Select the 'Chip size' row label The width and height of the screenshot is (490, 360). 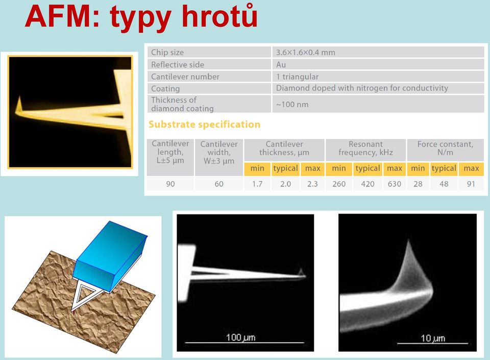pyautogui.click(x=167, y=52)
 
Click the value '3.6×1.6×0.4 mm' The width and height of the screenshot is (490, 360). pyautogui.click(x=305, y=52)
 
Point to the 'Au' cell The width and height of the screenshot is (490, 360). pyautogui.click(x=281, y=64)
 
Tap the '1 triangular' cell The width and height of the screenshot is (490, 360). pyautogui.click(x=297, y=77)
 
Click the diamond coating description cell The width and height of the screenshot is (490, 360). pyautogui.click(x=362, y=88)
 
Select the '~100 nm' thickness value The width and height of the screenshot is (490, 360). pyautogui.click(x=292, y=104)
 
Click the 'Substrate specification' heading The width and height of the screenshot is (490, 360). pyautogui.click(x=204, y=125)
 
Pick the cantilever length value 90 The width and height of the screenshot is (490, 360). pyautogui.click(x=170, y=184)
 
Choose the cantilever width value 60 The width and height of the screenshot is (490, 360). pyautogui.click(x=219, y=184)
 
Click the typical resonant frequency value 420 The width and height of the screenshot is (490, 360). pyautogui.click(x=367, y=184)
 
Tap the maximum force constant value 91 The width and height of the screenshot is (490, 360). pyautogui.click(x=471, y=184)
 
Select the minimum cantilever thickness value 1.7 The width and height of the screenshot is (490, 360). pyautogui.click(x=257, y=184)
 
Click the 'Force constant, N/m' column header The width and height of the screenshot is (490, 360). pyautogui.click(x=445, y=148)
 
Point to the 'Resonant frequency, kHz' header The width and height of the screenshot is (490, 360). pyautogui.click(x=365, y=148)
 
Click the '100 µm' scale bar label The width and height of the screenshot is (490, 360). pyautogui.click(x=240, y=337)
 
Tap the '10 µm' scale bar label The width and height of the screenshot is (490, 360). pyautogui.click(x=433, y=338)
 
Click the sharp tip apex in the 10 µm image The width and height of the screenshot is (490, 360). pyautogui.click(x=408, y=240)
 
